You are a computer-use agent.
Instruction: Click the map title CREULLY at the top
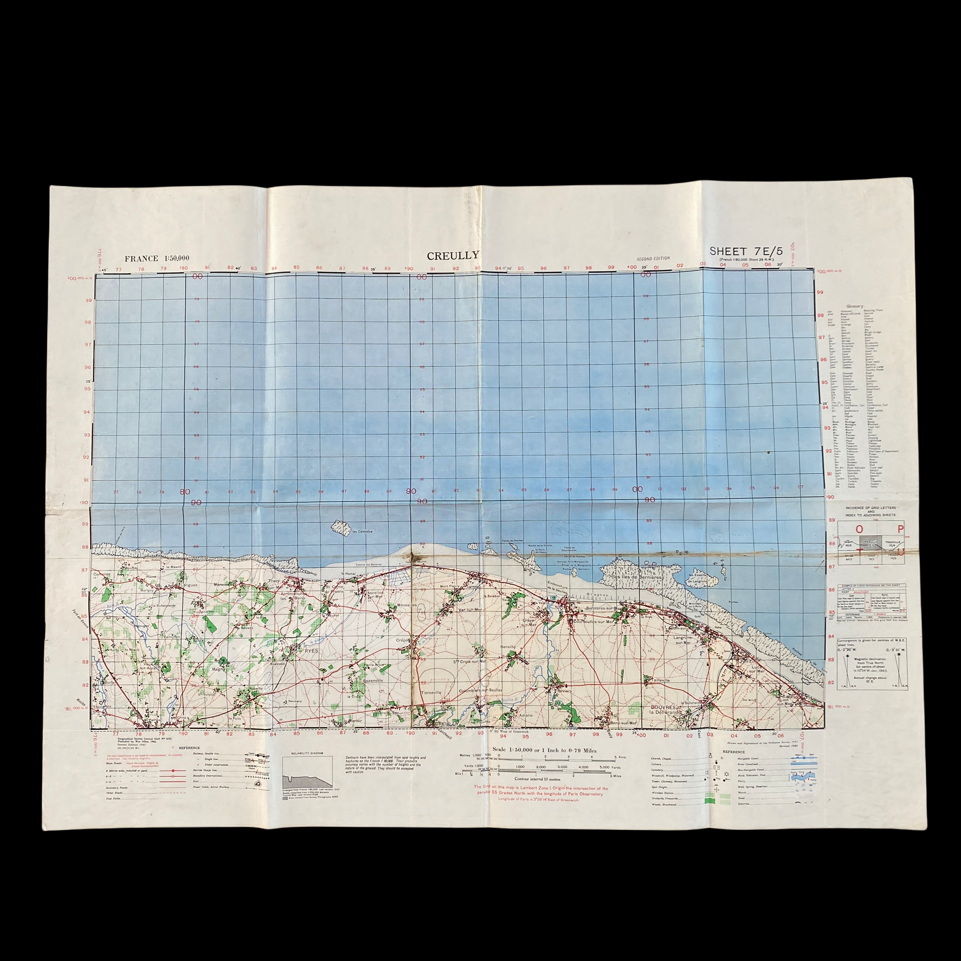pyautogui.click(x=452, y=256)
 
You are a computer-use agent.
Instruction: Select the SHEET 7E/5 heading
pyautogui.click(x=739, y=251)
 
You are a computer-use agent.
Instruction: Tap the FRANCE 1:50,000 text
pyautogui.click(x=157, y=259)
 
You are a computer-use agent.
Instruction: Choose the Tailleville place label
pyautogui.click(x=660, y=680)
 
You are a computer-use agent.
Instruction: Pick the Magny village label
pyautogui.click(x=219, y=669)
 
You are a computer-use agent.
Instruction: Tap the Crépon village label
pyautogui.click(x=403, y=640)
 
